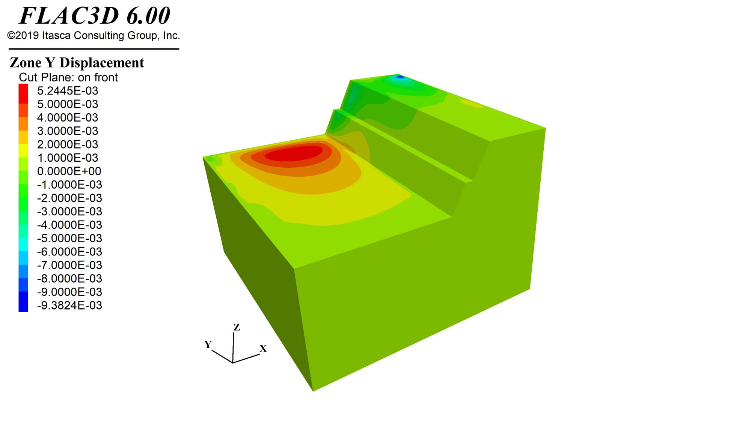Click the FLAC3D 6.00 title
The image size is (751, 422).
pyautogui.click(x=95, y=16)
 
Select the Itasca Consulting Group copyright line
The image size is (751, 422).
pyautogui.click(x=93, y=36)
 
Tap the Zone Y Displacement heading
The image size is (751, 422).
pyautogui.click(x=77, y=63)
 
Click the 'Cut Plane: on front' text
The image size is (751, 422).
pyautogui.click(x=68, y=77)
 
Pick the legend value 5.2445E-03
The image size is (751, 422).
pyautogui.click(x=68, y=91)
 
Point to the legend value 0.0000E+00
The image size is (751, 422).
pyautogui.click(x=69, y=171)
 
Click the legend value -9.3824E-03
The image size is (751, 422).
pyautogui.click(x=69, y=305)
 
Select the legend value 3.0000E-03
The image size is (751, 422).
pyautogui.click(x=68, y=131)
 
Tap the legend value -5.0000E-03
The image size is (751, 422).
pyautogui.click(x=69, y=238)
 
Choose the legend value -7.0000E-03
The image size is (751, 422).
pyautogui.click(x=69, y=265)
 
